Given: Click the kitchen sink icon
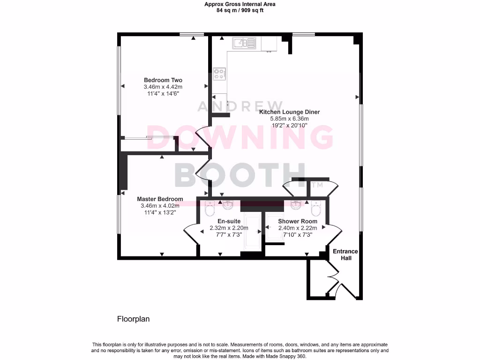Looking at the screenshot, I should click(244, 44).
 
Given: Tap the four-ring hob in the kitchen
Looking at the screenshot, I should click(219, 74).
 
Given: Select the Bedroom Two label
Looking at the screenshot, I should click(163, 80).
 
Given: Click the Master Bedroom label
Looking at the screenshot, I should click(160, 199).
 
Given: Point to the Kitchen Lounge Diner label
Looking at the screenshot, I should click(290, 112).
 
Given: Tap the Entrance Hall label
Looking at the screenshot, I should click(345, 255).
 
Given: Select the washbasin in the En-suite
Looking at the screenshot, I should click(228, 205).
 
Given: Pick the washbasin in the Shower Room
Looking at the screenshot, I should click(296, 205).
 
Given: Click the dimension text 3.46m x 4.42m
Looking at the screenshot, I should click(163, 87).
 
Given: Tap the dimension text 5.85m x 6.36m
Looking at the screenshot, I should click(290, 119).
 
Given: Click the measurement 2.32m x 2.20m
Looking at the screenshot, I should click(229, 228).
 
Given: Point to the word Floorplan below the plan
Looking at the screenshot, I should click(133, 319).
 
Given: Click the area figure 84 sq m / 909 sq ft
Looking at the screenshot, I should click(240, 10).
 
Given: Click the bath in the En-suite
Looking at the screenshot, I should click(253, 232).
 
